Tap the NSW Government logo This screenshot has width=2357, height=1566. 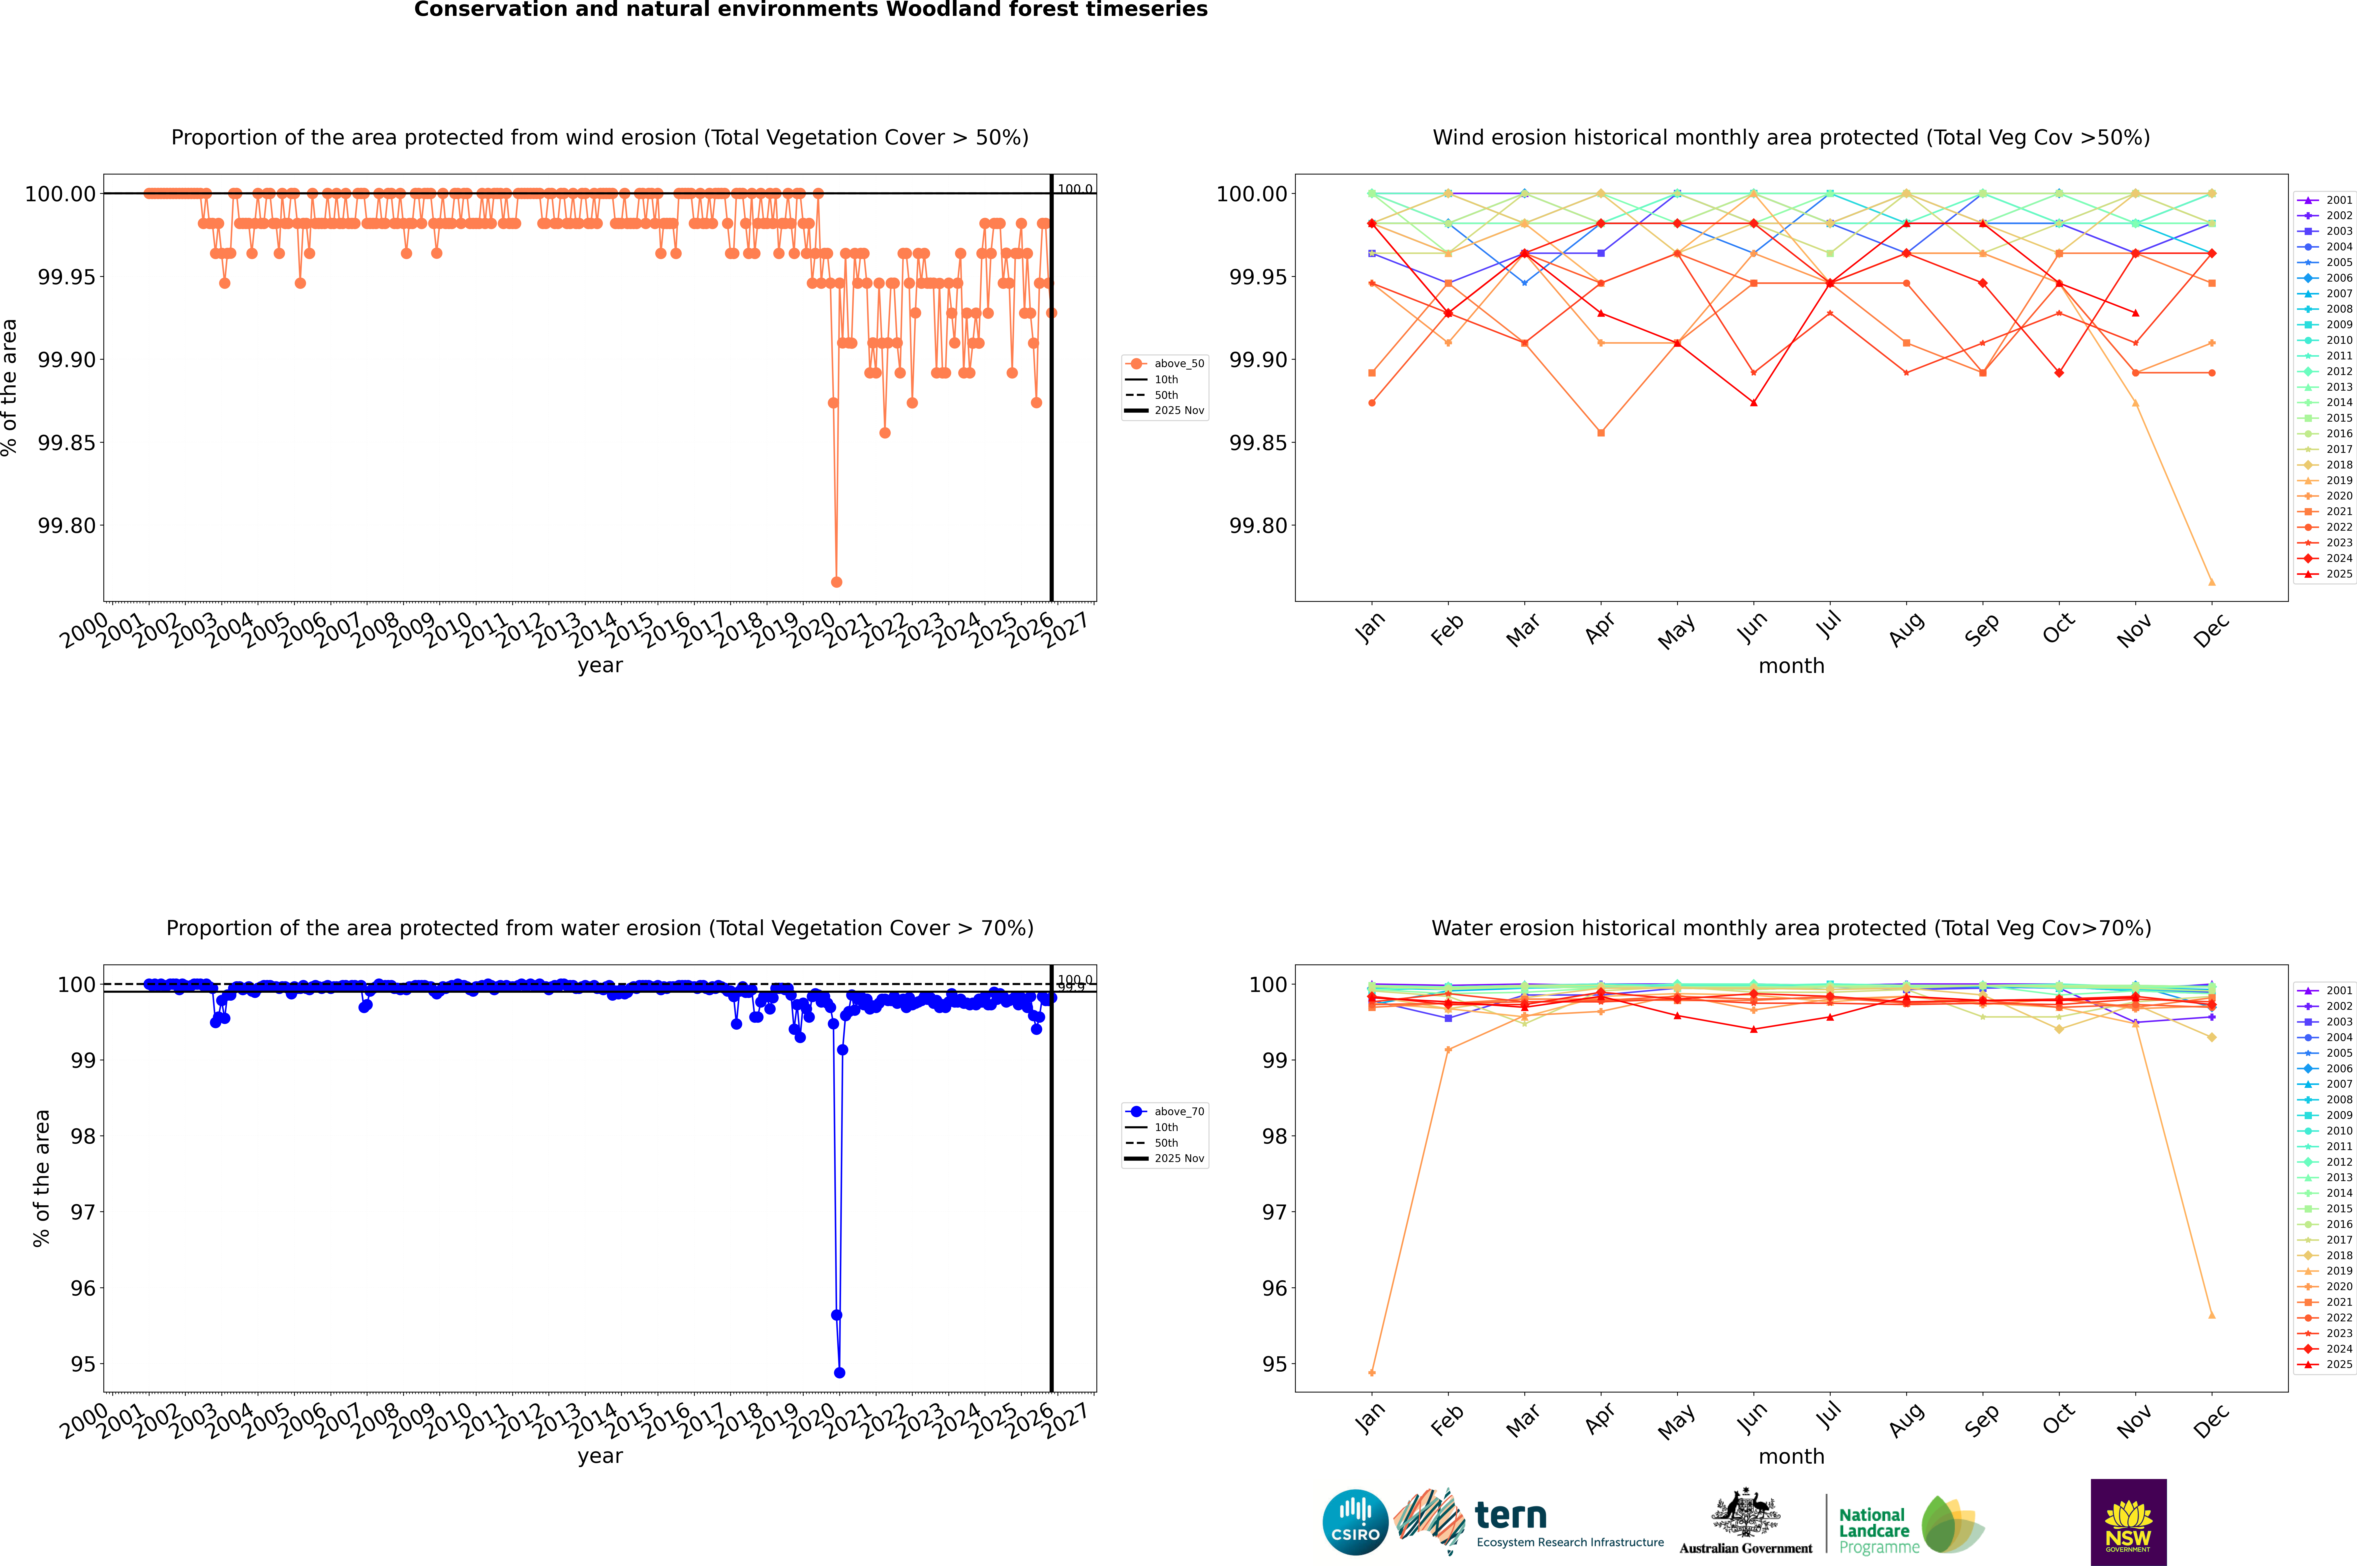click(x=2128, y=1522)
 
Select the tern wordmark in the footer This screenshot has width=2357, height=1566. click(x=1511, y=1516)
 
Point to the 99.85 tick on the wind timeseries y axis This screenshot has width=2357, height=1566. click(x=66, y=442)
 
